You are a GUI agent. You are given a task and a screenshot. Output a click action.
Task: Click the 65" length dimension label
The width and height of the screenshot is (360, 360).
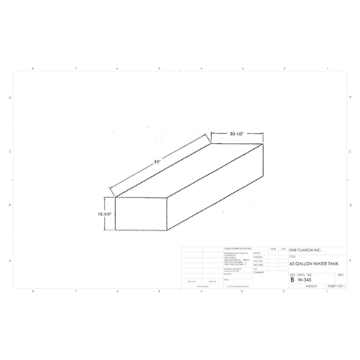156,163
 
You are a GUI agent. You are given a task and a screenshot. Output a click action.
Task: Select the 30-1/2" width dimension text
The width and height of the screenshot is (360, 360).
239,135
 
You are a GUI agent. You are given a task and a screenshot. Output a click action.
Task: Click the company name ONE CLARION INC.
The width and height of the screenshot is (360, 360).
305,251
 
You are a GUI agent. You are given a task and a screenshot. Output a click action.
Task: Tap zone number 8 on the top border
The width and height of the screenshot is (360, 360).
34,68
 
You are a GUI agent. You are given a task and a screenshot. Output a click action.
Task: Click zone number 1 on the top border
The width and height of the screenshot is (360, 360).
326,68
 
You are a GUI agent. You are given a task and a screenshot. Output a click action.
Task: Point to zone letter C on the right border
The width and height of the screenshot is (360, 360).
351,151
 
